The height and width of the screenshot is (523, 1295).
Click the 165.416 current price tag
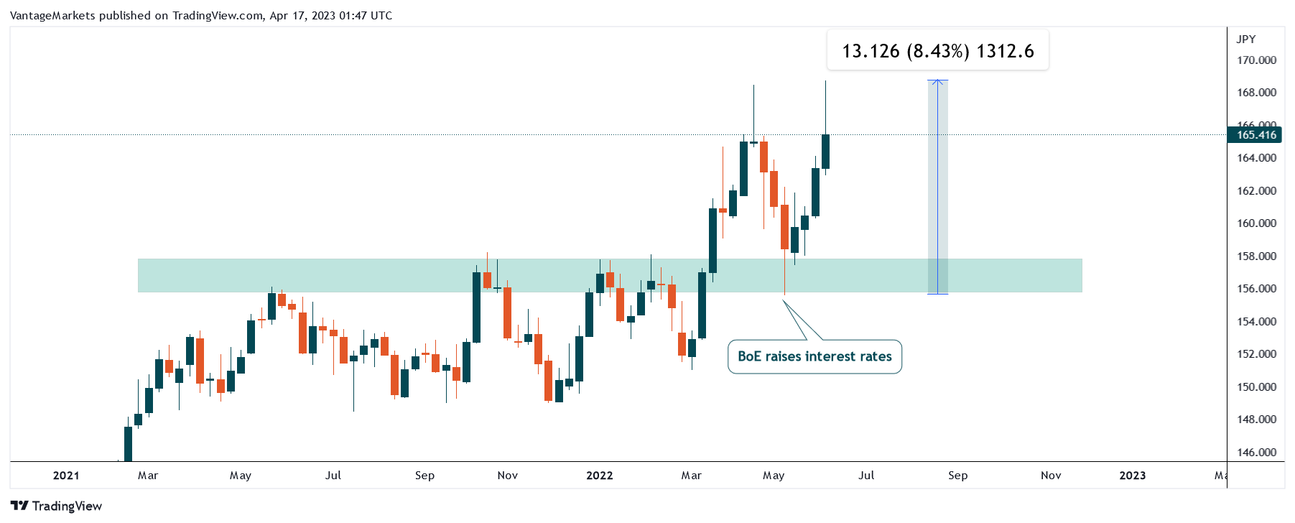[x=1255, y=134]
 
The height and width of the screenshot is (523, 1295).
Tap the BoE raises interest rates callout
[x=814, y=356]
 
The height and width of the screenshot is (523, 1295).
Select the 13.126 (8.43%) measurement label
[x=937, y=51]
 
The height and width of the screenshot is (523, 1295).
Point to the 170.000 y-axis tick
[x=1256, y=60]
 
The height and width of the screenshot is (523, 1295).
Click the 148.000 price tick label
[x=1256, y=420]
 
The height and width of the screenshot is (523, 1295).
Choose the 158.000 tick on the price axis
[x=1256, y=256]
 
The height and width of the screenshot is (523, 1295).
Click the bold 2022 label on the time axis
[x=600, y=476]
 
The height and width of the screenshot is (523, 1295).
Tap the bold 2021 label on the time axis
[x=66, y=476]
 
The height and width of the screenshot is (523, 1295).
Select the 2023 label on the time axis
[x=1133, y=476]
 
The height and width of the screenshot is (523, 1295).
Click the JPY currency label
[x=1245, y=40]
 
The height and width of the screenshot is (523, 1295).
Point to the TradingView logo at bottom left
[x=57, y=506]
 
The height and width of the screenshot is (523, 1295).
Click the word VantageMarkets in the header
[x=52, y=16]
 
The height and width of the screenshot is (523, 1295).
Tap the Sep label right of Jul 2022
[x=957, y=476]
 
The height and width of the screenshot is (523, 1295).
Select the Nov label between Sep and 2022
[x=508, y=476]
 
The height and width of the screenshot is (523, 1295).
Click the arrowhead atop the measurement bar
[x=937, y=83]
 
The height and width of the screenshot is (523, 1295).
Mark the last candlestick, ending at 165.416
[x=826, y=152]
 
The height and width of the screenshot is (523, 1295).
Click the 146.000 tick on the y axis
[x=1256, y=453]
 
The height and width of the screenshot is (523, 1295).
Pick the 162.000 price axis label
[x=1256, y=191]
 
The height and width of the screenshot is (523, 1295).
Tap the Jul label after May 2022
[x=866, y=476]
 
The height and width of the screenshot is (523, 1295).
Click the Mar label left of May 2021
[x=148, y=476]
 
